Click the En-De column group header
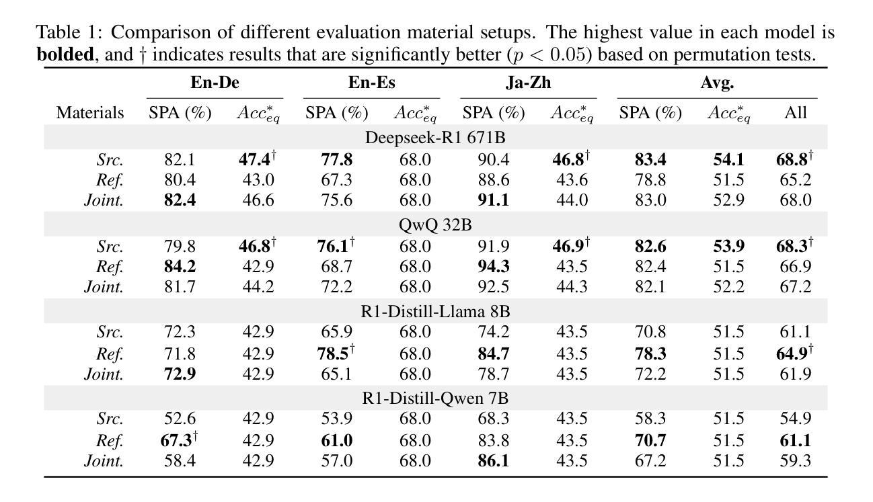click(215, 83)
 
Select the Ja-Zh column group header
click(528, 83)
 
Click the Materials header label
click(90, 113)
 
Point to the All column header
click(795, 113)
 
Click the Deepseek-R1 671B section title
click(435, 138)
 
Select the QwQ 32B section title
click(435, 225)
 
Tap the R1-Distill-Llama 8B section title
click(435, 312)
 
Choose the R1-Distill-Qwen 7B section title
click(435, 399)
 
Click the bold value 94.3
click(492, 267)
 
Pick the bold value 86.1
click(492, 461)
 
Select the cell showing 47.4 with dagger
click(258, 160)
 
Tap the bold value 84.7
click(492, 353)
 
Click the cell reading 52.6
click(180, 419)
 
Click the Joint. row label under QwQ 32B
click(104, 287)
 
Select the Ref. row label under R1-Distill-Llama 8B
click(109, 353)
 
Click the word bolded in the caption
click(65, 54)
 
